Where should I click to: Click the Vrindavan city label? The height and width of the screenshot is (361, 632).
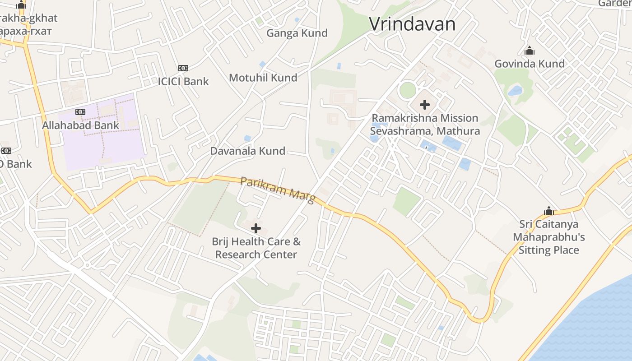coord(412,24)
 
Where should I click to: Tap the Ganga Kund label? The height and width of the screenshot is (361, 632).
coord(297,33)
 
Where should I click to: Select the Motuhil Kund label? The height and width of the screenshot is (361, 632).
coord(263,78)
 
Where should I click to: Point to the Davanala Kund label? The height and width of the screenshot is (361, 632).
coord(247,151)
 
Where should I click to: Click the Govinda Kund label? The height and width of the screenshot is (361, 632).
coord(529,64)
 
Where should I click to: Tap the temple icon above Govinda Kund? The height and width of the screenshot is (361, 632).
coord(529,51)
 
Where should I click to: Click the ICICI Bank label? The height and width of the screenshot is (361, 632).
coord(183,82)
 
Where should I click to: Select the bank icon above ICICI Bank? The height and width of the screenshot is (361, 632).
coord(183,68)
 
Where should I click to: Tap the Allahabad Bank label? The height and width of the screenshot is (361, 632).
coord(80,125)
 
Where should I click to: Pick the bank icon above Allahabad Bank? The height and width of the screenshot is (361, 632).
coord(80,112)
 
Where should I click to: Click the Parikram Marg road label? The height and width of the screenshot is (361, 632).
coord(277,190)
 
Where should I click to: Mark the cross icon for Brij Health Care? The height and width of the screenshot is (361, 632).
coord(256,228)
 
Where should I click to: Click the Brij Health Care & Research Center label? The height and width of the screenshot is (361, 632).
coord(256,248)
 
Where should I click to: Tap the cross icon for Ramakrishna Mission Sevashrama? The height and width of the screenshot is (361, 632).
coord(424,105)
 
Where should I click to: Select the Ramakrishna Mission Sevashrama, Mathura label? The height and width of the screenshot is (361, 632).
coord(425,125)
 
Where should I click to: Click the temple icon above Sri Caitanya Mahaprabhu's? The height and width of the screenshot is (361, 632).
coord(548,211)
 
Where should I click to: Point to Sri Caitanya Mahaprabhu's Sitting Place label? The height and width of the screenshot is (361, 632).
coord(548,237)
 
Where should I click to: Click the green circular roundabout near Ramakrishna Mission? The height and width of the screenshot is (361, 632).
coord(407,90)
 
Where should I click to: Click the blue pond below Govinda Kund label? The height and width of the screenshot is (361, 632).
coord(515,91)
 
